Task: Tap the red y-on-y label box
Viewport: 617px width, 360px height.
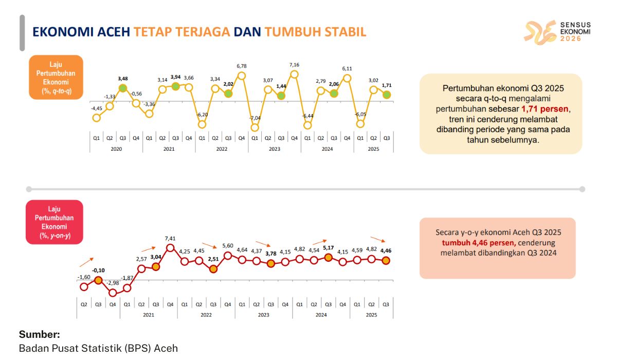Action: click(54, 221)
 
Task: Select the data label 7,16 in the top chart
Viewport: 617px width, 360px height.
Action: click(294, 65)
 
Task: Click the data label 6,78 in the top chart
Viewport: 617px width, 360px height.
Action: click(241, 66)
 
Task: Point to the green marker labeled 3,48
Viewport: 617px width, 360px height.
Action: click(122, 88)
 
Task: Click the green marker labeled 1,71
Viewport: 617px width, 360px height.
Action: click(387, 95)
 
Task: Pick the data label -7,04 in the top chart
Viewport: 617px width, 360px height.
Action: click(255, 117)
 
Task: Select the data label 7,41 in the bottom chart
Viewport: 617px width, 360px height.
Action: click(170, 239)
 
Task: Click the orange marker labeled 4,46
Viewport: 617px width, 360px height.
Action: click(386, 261)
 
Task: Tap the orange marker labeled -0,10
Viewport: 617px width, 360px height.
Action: click(98, 280)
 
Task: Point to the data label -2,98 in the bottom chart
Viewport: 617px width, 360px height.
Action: click(113, 283)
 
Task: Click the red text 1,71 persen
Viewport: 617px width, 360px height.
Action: click(545, 109)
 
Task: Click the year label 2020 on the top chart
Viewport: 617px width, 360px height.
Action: click(116, 149)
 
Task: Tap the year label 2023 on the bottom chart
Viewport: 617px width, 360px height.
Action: click(263, 314)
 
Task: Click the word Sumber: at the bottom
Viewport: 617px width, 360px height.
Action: click(40, 334)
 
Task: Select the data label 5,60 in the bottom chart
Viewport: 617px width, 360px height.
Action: click(228, 246)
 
